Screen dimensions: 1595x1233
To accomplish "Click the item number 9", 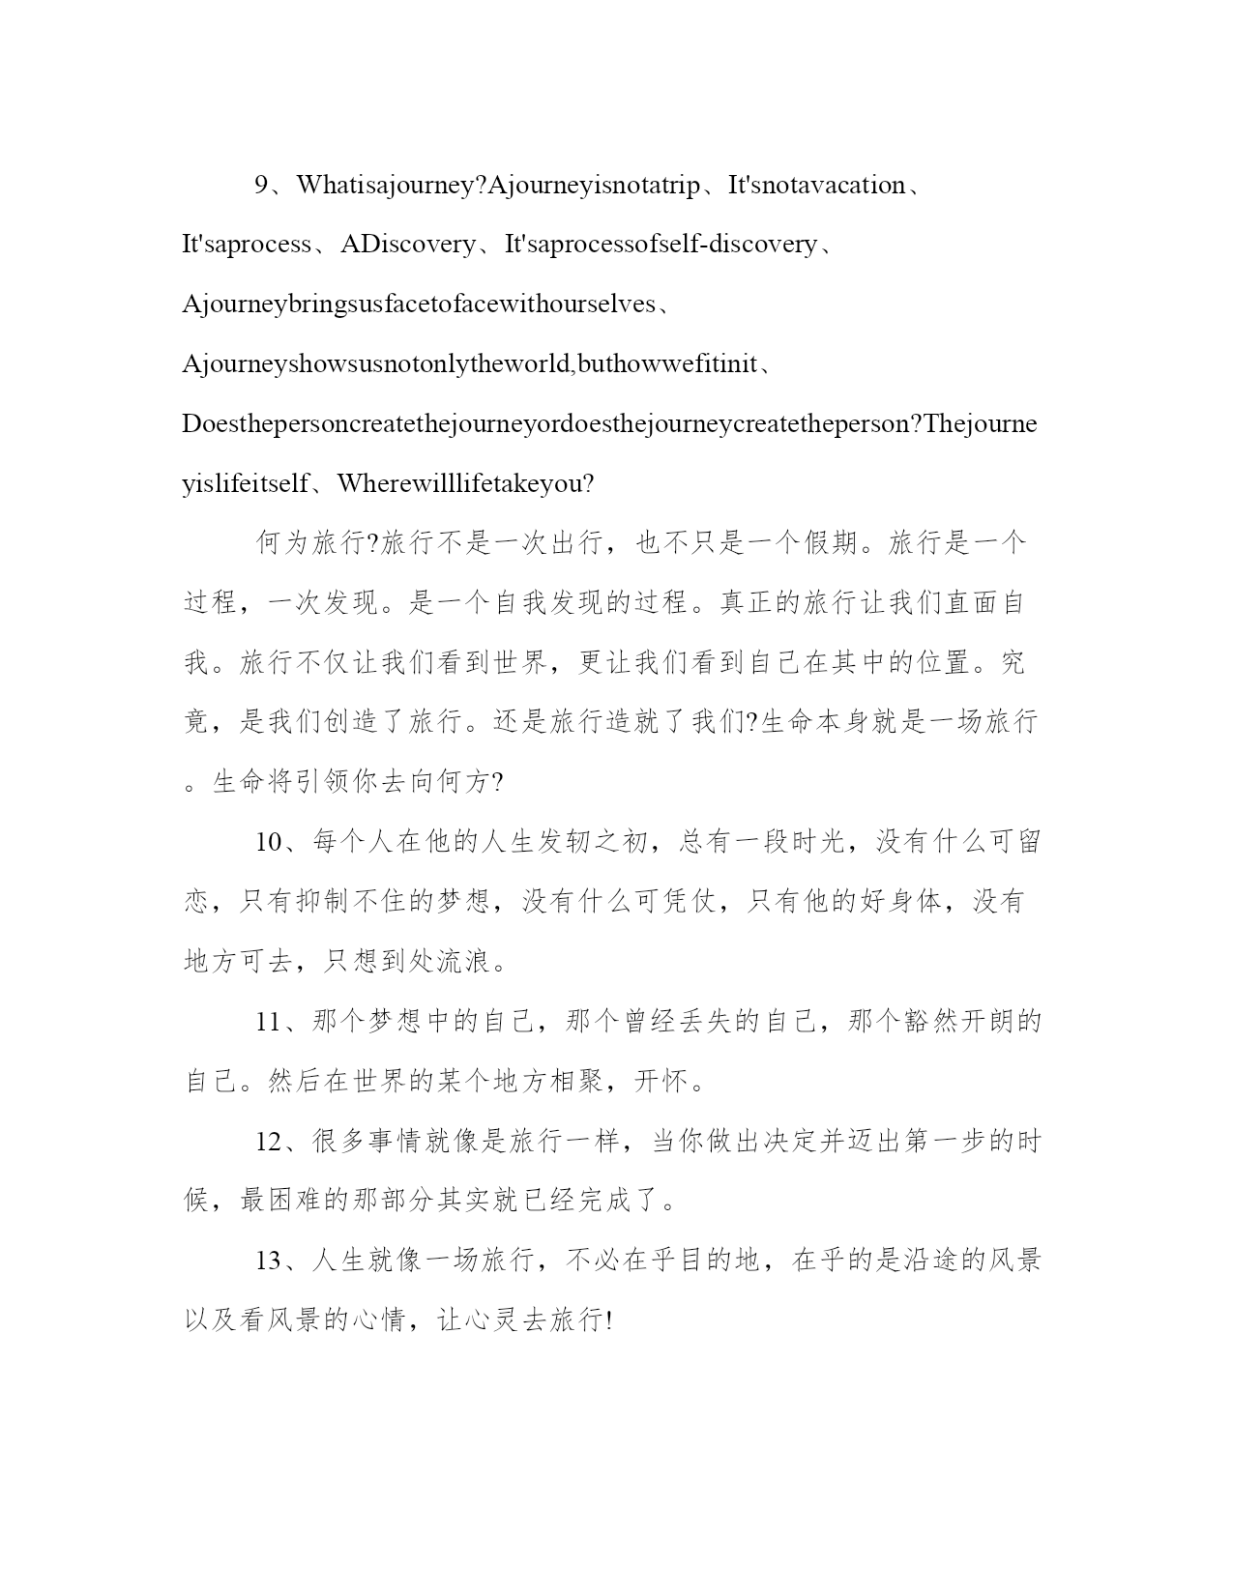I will point(261,186).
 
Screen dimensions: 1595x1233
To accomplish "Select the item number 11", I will point(268,1022).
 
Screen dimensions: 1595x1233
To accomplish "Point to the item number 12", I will point(268,1142).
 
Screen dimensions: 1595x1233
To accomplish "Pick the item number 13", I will point(268,1261).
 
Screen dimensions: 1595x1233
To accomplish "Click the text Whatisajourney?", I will point(391,186).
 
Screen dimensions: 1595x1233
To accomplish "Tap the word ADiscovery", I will point(409,245).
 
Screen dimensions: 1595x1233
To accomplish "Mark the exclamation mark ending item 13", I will point(607,1321).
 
